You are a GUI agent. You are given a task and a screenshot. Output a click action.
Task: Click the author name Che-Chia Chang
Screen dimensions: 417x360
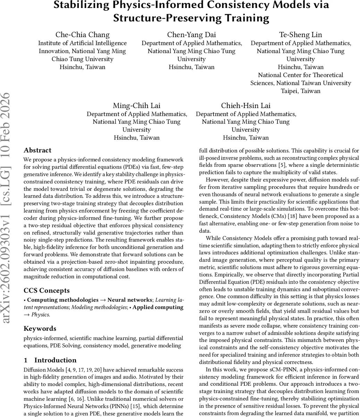click(82, 35)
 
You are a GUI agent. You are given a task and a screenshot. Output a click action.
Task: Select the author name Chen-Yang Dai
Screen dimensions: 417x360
click(191, 35)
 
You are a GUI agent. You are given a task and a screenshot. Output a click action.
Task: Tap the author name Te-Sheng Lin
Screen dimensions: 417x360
click(301, 35)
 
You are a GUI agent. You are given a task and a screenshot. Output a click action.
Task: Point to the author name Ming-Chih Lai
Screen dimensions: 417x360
click(136, 106)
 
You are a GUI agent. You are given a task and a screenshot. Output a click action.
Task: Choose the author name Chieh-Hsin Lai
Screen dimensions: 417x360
click(246, 106)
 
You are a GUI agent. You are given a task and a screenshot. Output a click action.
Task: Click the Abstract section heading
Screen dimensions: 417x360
click(37, 150)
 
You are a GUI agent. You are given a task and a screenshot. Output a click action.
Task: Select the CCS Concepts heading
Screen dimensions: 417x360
click(47, 291)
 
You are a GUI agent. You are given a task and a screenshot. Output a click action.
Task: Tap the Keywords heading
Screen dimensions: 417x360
click(40, 328)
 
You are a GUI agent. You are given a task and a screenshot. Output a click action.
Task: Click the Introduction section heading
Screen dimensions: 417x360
click(55, 360)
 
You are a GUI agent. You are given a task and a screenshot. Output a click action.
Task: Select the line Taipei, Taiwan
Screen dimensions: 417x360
click(301, 91)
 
